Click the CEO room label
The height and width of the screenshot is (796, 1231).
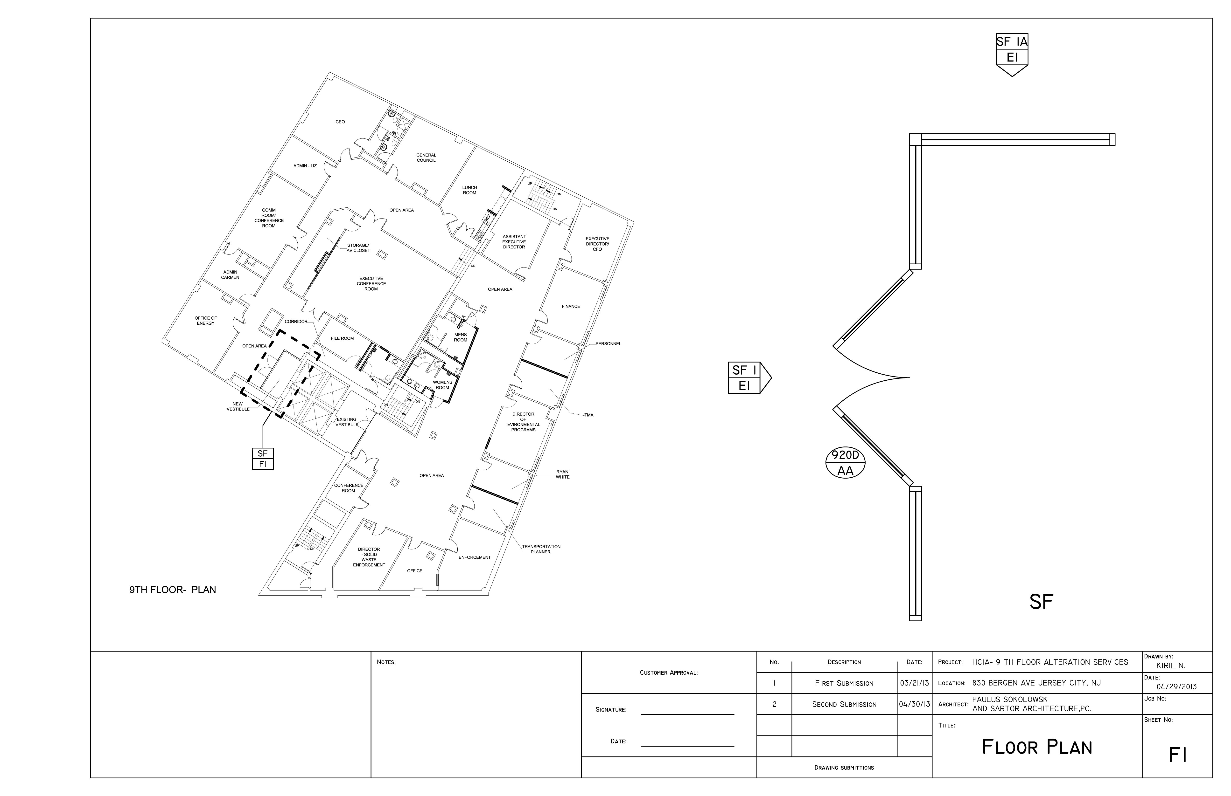pyautogui.click(x=340, y=122)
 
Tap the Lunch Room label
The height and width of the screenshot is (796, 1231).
pyautogui.click(x=469, y=190)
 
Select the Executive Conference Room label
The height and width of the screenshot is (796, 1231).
pyautogui.click(x=371, y=284)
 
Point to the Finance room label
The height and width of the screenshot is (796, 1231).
pyautogui.click(x=571, y=307)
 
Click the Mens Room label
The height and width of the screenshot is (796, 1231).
pyautogui.click(x=460, y=337)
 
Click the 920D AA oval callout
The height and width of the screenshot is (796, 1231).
pyautogui.click(x=845, y=463)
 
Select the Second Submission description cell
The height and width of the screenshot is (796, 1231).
pyautogui.click(x=844, y=705)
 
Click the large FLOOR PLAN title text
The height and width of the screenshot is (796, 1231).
pyautogui.click(x=1036, y=748)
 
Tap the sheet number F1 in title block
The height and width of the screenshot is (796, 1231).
pyautogui.click(x=1177, y=756)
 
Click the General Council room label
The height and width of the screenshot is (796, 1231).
pyautogui.click(x=426, y=158)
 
